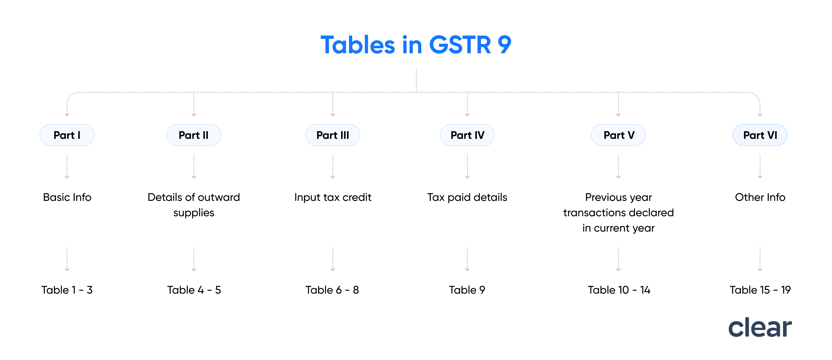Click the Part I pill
(x=67, y=135)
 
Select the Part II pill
(x=194, y=135)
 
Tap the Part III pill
(x=333, y=135)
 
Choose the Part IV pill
(x=467, y=135)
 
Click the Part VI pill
(x=760, y=135)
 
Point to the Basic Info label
(x=67, y=197)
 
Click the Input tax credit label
(x=333, y=197)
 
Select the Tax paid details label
(x=467, y=197)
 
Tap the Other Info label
(x=760, y=197)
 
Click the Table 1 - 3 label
(x=67, y=290)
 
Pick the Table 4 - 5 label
(x=194, y=290)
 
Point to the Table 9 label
(x=467, y=290)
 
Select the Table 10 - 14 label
(x=619, y=290)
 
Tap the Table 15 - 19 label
(x=760, y=290)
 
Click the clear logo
(x=760, y=327)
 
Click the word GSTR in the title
(x=460, y=45)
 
